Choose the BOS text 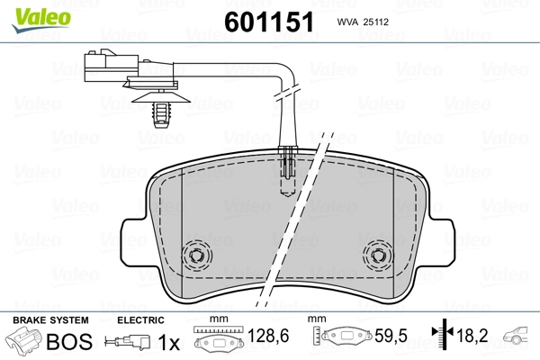pyautogui.click(x=67, y=342)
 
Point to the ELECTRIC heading pyautogui.click(x=139, y=319)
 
